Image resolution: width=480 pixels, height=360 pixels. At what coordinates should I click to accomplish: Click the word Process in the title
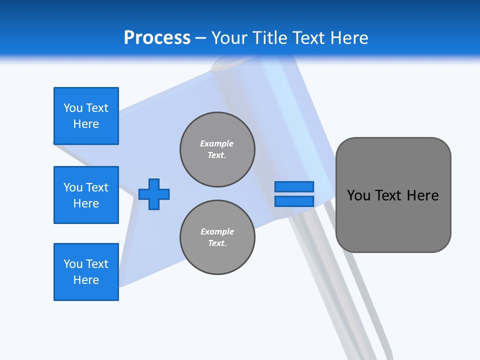(157, 37)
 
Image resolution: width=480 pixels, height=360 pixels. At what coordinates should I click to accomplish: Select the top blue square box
(86, 116)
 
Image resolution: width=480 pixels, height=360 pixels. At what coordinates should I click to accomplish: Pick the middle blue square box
(86, 195)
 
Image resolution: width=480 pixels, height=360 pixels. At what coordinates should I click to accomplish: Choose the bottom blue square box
(86, 272)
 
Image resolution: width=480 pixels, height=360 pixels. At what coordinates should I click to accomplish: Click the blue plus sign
(154, 194)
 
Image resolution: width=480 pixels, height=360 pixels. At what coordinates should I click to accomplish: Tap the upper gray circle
(217, 149)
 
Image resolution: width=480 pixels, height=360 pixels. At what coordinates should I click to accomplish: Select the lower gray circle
(217, 237)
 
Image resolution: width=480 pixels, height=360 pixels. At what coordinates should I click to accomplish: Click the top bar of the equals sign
(294, 187)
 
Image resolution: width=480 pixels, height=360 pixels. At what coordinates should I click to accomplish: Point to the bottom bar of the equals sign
(294, 201)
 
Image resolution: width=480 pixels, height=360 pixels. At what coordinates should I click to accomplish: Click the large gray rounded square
(393, 220)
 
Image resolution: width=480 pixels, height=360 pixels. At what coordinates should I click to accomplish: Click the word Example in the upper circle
(217, 143)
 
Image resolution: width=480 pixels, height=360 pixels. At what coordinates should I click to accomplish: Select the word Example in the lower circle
(217, 231)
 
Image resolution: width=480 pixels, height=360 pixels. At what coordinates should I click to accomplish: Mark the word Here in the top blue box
(86, 124)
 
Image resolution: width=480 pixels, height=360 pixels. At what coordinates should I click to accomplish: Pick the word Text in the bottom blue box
(97, 264)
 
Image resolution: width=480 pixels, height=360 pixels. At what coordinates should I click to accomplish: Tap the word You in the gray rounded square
(358, 195)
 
